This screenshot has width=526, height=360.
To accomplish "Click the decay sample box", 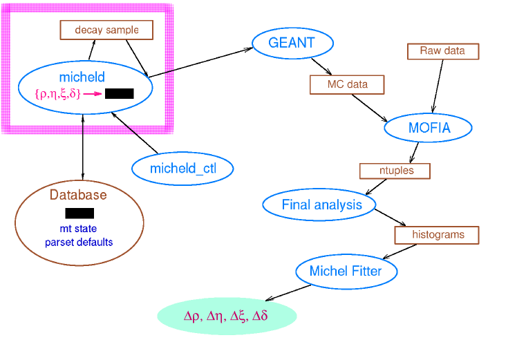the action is pyautogui.click(x=106, y=30).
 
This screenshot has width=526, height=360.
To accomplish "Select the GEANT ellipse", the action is pyautogui.click(x=292, y=43).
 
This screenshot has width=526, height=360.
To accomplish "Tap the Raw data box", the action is pyautogui.click(x=443, y=51).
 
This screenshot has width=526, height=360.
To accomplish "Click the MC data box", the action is pyautogui.click(x=347, y=84).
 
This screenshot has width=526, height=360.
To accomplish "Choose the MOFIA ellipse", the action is pyautogui.click(x=428, y=128).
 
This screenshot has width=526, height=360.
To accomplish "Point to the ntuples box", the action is pyautogui.click(x=395, y=171).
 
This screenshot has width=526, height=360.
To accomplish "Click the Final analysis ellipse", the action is pyautogui.click(x=319, y=205).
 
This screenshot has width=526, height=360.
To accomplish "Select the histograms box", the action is pyautogui.click(x=436, y=235).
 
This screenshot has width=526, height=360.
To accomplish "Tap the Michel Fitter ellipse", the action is pyautogui.click(x=346, y=271).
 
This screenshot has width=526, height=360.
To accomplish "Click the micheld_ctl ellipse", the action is pyautogui.click(x=182, y=169).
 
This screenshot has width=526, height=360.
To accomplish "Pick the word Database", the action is pyautogui.click(x=78, y=195).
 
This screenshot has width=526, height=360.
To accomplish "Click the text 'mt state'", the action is pyautogui.click(x=78, y=229).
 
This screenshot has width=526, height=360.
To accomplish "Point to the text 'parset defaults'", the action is pyautogui.click(x=79, y=243).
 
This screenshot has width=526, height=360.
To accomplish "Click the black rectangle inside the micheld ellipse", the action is pyautogui.click(x=120, y=93).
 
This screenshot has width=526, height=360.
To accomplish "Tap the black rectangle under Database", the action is pyautogui.click(x=79, y=214).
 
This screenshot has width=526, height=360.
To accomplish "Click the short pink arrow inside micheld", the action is pyautogui.click(x=92, y=94).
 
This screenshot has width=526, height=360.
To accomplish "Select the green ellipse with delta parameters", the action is pyautogui.click(x=227, y=316).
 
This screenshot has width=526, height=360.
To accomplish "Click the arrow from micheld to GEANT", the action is pyautogui.click(x=200, y=63).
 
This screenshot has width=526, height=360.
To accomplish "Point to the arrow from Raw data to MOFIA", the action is pyautogui.click(x=438, y=86).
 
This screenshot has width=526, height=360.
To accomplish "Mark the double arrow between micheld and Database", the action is pyautogui.click(x=83, y=147).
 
